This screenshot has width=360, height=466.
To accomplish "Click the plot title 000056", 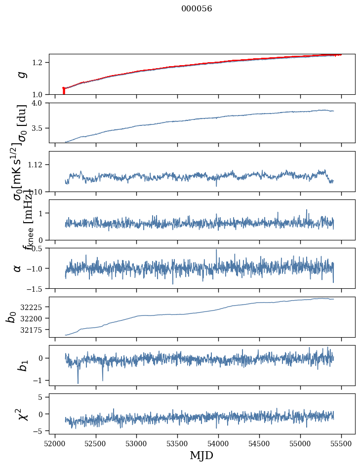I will click(x=197, y=9).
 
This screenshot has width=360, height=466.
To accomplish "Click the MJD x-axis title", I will click(x=201, y=455).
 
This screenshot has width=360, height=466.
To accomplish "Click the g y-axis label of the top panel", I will click(x=21, y=75).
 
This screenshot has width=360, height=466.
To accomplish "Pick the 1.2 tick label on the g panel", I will click(x=38, y=62).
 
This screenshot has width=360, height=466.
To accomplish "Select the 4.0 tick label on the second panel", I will click(x=38, y=103).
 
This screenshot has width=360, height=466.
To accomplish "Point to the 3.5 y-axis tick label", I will click(x=38, y=128).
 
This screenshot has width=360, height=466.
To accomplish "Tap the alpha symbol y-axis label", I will click(x=18, y=268).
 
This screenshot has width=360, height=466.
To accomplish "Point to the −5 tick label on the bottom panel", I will click(x=39, y=431).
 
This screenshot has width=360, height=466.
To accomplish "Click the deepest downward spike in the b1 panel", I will click(x=78, y=383).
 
